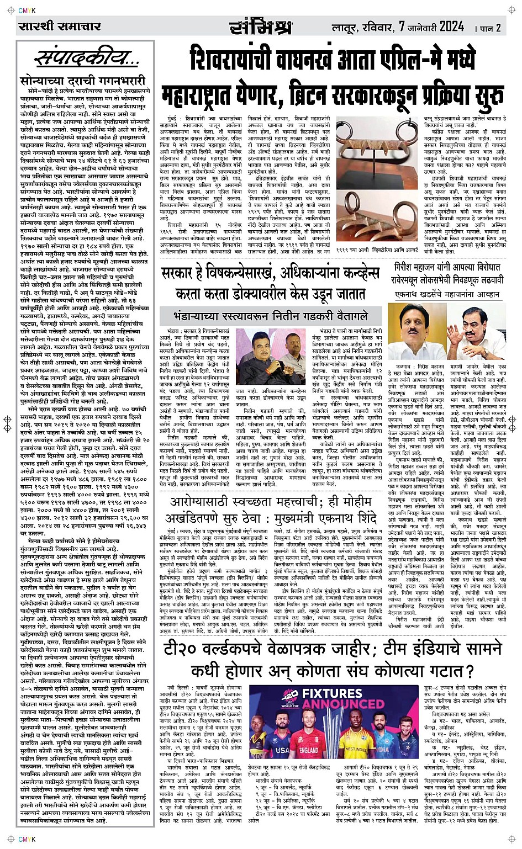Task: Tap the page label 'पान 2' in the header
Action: [488, 28]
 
